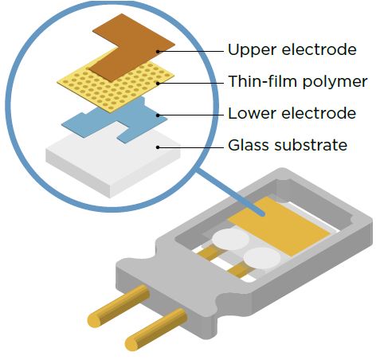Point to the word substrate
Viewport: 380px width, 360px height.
(x=311, y=145)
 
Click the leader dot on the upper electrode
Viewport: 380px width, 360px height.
(x=158, y=52)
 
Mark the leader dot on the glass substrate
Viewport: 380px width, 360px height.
(x=158, y=147)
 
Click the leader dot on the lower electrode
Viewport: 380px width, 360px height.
(x=158, y=115)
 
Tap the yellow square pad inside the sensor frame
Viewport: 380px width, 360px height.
(x=279, y=226)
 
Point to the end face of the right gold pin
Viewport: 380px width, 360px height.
(x=132, y=342)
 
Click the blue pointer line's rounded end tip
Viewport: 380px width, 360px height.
(x=262, y=213)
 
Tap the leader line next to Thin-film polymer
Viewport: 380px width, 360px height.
(x=191, y=84)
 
